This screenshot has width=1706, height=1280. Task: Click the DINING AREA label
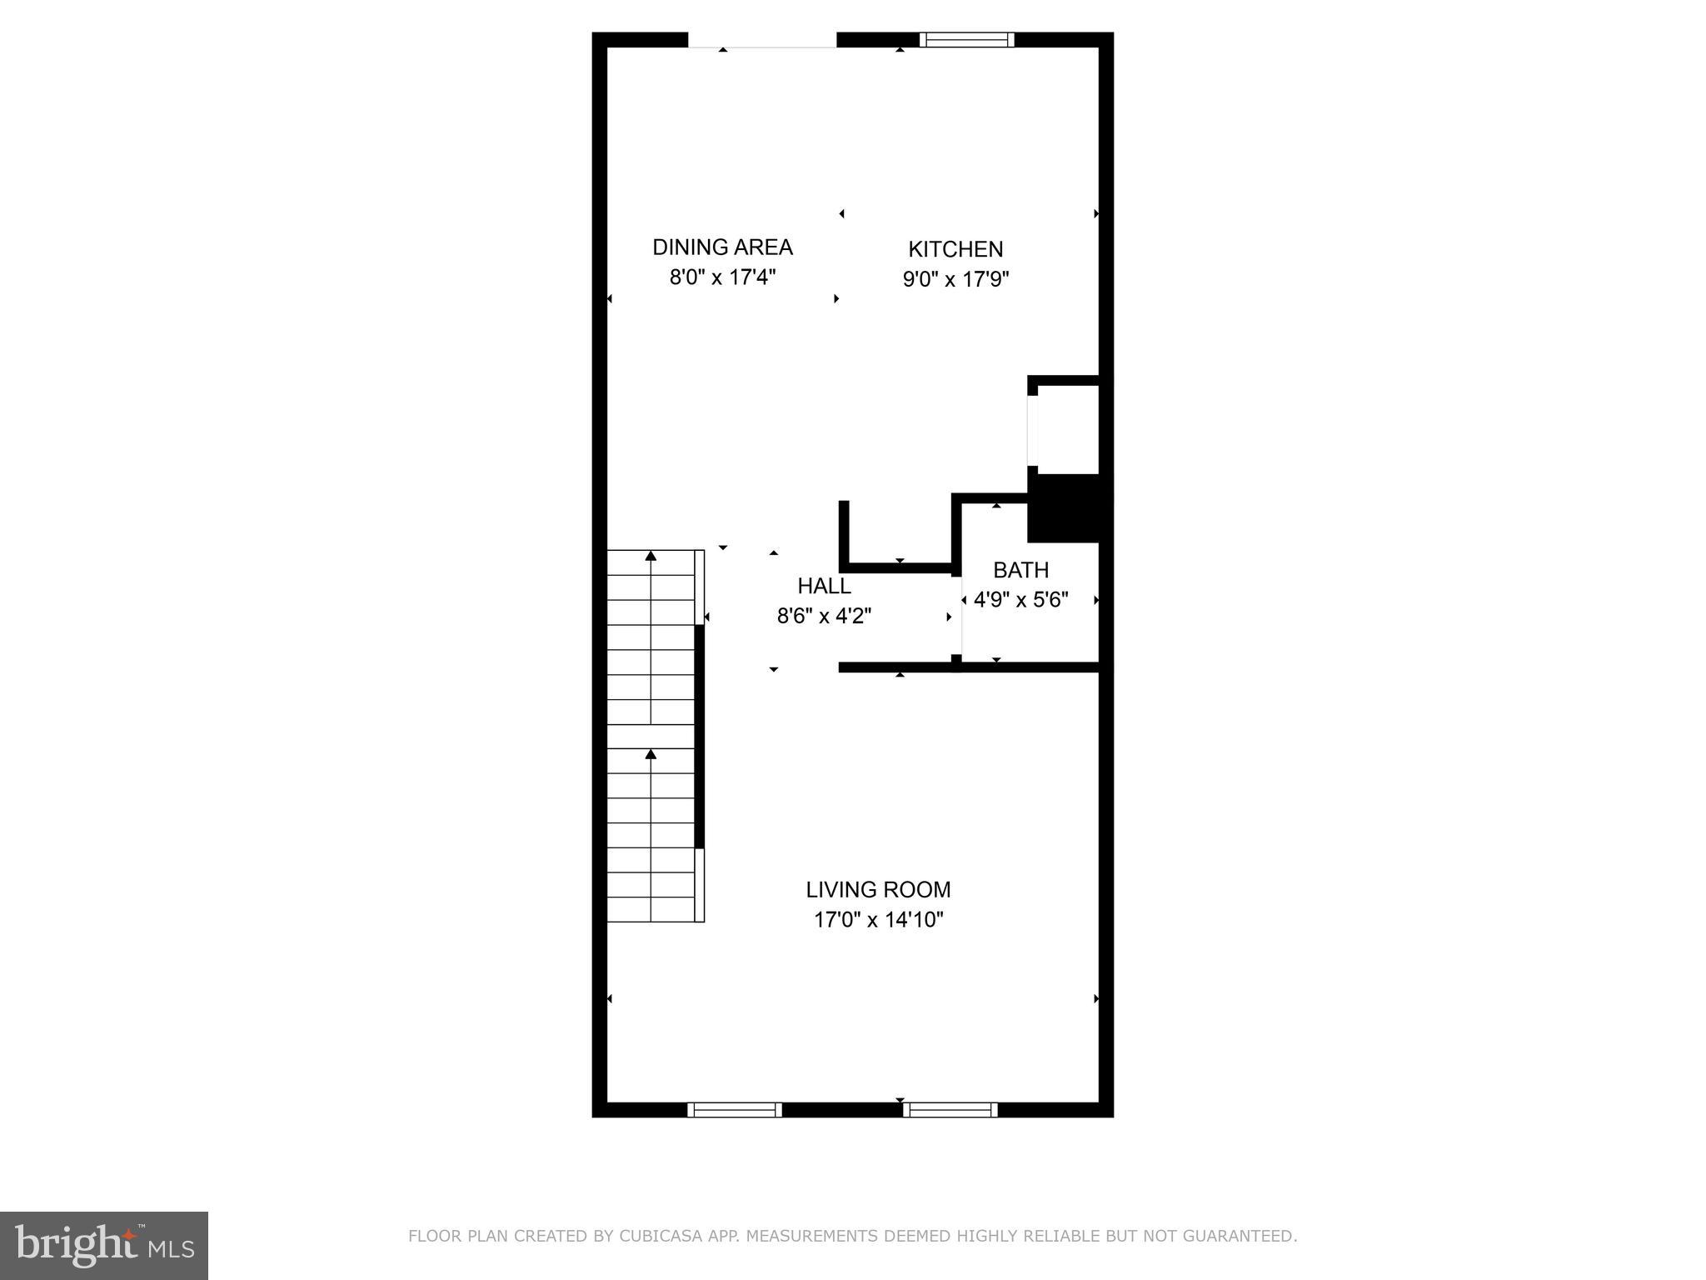click(722, 247)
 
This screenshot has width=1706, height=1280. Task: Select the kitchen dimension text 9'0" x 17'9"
click(955, 279)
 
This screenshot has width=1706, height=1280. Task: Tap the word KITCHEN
click(955, 249)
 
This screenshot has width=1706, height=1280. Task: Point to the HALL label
click(824, 586)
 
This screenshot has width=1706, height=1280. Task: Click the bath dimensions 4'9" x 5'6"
click(1020, 600)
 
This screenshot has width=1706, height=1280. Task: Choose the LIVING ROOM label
click(878, 889)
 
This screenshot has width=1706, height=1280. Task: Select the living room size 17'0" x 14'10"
click(878, 920)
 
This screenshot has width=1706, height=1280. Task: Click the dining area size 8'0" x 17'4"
click(722, 277)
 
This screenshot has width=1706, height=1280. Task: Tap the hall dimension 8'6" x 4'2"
click(824, 616)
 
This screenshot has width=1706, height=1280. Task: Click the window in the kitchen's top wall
click(966, 39)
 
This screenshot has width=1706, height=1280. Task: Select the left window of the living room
click(734, 1109)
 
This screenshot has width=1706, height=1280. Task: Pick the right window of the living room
click(950, 1109)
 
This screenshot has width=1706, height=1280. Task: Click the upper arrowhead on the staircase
click(651, 556)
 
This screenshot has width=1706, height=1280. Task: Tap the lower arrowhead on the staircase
click(651, 754)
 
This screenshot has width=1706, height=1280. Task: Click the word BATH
click(1020, 570)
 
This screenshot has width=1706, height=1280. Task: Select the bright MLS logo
click(104, 1245)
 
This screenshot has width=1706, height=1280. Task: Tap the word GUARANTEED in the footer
click(1247, 1236)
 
